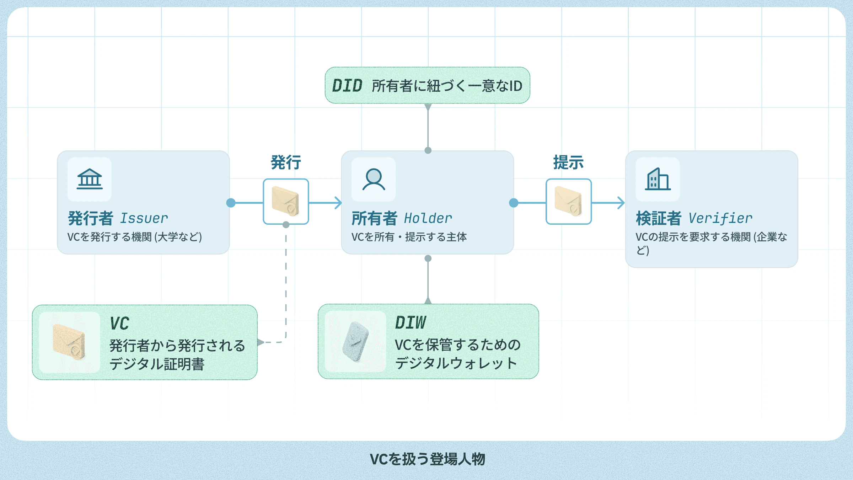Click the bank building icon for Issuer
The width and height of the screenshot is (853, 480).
point(90,179)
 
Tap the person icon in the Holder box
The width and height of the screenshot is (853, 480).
point(374,179)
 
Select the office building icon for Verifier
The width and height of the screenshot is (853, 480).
point(658,179)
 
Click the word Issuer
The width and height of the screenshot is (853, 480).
point(144,218)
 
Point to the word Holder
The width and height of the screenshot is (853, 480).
point(428,218)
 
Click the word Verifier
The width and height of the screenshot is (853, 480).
point(720,218)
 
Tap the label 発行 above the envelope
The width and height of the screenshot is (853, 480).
point(286,162)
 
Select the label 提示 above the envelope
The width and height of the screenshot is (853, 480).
point(568,162)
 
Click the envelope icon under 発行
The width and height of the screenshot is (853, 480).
point(285,202)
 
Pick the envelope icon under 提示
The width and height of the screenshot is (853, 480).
point(568,202)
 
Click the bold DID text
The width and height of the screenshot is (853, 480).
point(347,86)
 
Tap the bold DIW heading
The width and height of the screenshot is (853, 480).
point(411,323)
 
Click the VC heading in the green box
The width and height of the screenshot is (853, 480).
point(119,324)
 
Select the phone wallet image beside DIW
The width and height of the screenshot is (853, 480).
point(355,342)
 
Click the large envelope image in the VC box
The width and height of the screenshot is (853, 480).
point(69,342)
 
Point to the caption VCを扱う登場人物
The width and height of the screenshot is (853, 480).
point(427,459)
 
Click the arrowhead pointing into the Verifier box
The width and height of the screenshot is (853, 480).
point(621,203)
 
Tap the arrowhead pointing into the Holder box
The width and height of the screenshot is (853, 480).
point(338,203)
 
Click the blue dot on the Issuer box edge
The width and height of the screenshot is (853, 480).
point(231,203)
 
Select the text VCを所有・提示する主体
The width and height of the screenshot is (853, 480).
point(409,237)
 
